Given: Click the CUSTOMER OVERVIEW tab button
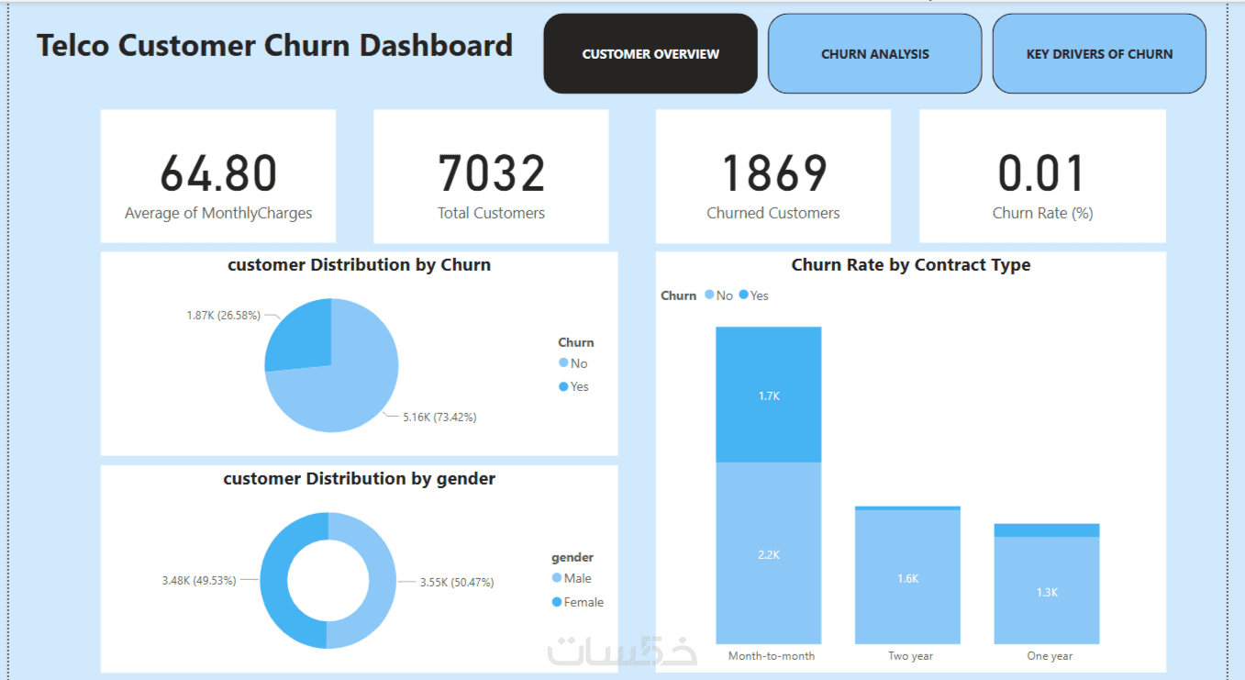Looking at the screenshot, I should click(650, 54).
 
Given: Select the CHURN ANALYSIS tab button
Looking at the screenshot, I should click(874, 54).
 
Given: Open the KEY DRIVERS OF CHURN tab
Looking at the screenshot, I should click(1099, 54).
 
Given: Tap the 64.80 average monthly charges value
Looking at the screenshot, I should click(218, 173).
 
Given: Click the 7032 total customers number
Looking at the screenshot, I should click(491, 173).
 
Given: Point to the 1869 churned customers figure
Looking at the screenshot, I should click(773, 173).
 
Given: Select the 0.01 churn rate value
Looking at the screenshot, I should click(1042, 173).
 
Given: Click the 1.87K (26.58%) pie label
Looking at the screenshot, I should click(223, 315).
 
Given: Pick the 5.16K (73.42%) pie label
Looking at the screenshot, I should click(439, 417).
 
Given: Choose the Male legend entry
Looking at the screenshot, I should click(577, 578).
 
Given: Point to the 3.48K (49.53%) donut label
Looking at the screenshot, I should click(199, 580).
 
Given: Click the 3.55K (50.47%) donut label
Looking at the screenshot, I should click(457, 582).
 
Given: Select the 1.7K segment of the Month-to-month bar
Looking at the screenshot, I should click(769, 395).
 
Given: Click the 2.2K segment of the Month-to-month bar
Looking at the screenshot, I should click(769, 554).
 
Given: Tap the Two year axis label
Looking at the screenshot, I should click(910, 656).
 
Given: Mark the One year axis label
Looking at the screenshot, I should click(1050, 656).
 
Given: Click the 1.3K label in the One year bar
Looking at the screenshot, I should click(1047, 592).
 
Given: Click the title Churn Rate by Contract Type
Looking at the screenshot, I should click(910, 265).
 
